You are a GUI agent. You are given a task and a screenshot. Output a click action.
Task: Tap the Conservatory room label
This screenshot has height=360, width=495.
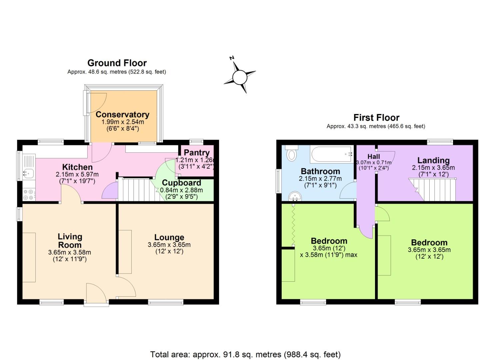122,114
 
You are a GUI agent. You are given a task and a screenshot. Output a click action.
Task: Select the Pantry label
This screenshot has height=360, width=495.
196,153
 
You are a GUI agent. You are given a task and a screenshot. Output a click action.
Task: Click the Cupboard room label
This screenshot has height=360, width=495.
181,183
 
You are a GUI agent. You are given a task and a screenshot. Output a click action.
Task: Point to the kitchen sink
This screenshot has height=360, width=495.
27,173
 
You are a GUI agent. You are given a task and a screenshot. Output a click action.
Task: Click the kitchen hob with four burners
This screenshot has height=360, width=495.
28,195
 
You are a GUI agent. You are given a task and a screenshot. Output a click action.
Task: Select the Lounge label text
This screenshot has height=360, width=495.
169,237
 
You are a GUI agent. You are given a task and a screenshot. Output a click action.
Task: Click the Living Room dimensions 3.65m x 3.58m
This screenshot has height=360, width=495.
69,252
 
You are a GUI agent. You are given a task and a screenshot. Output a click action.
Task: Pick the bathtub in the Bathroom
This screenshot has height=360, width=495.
331,154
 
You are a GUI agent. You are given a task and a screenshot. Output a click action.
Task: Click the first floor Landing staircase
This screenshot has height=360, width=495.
433,190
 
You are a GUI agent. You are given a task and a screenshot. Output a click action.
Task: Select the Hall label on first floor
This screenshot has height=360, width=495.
374,156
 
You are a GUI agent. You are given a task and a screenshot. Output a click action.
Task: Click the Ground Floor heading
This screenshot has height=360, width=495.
117,63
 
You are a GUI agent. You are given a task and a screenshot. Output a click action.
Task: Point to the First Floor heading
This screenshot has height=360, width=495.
376,118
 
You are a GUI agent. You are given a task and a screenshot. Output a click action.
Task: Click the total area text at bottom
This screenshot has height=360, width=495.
245,354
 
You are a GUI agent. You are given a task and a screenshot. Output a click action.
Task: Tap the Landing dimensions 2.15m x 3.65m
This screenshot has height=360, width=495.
433,168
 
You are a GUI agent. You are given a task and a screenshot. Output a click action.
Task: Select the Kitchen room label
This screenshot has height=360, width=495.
77,167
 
